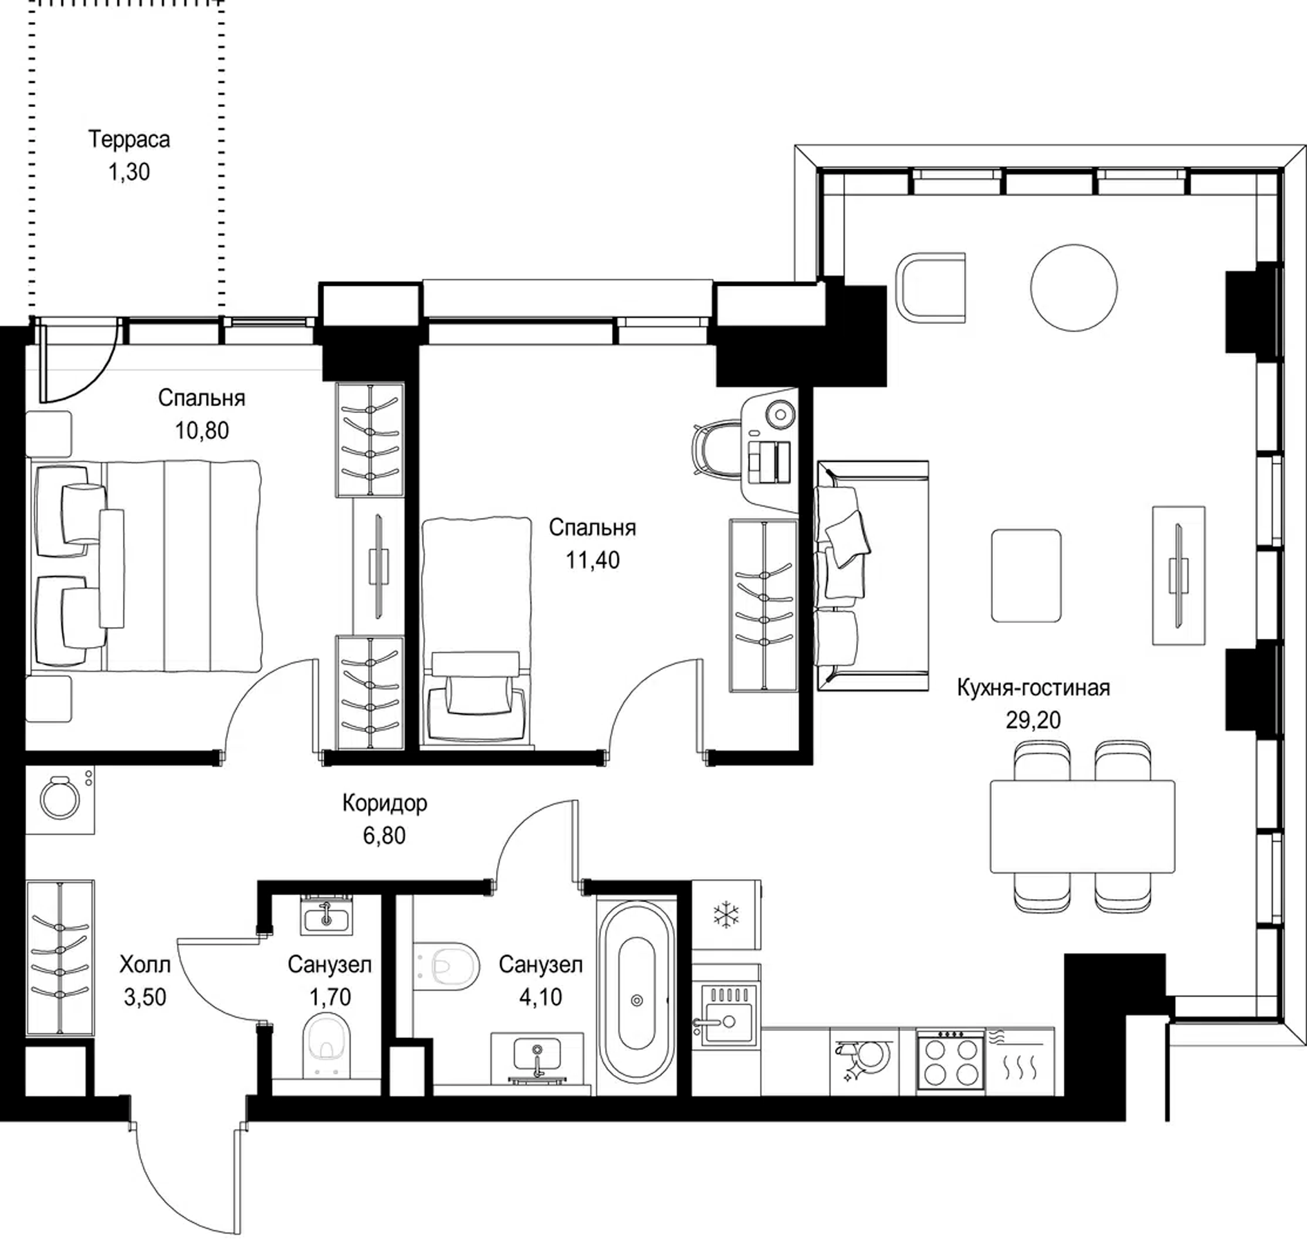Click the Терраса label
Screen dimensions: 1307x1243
click(x=129, y=139)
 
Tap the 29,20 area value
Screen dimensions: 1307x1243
click(x=1033, y=720)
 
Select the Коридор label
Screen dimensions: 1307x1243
click(x=385, y=803)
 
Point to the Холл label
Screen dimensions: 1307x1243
click(x=145, y=964)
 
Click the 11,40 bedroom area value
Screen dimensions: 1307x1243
click(x=593, y=560)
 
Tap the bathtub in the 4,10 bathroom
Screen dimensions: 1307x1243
click(x=636, y=1000)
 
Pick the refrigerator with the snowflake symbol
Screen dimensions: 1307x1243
click(x=726, y=914)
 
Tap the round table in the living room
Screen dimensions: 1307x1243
click(x=1074, y=287)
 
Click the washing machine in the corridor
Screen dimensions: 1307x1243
click(x=60, y=799)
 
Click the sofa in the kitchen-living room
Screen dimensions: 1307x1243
click(x=872, y=576)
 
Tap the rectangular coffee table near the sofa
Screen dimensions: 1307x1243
click(x=1026, y=575)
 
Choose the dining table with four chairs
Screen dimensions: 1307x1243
click(x=1082, y=827)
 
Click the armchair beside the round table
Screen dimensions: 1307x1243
click(x=931, y=287)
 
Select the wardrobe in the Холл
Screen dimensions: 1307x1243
click(x=60, y=958)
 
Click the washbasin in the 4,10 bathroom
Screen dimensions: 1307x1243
click(x=537, y=1057)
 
